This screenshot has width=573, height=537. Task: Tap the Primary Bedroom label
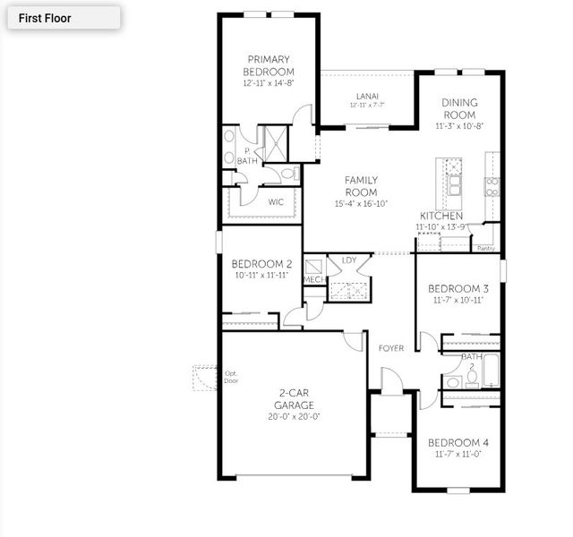coord(269,65)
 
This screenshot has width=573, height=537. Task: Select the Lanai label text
coord(367,96)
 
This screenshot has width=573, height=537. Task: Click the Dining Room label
coord(459,108)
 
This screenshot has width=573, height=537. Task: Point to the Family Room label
coord(361,186)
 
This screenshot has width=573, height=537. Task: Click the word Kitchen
coord(441,217)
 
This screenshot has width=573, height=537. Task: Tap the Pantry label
coord(486,248)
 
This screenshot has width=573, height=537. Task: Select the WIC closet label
coord(277,202)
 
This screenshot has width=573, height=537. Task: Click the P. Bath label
coord(246,156)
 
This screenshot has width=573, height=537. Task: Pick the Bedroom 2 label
coord(261,264)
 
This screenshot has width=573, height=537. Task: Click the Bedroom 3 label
coord(458,288)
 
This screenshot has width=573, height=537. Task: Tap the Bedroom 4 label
coord(458,443)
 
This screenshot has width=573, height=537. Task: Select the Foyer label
coord(391,347)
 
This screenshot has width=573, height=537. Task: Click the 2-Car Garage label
coord(294,399)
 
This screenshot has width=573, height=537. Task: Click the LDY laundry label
coord(348,260)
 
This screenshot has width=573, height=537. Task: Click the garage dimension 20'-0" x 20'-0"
coord(294,416)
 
